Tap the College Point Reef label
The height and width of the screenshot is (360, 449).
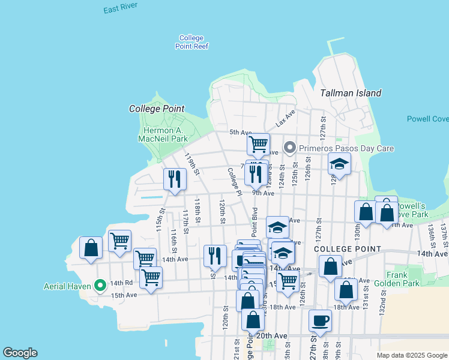tap(191, 42)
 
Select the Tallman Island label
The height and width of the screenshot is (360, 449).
tap(351, 93)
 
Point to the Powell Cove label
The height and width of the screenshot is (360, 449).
tap(427, 119)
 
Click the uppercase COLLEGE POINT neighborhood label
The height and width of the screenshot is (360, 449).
tap(347, 248)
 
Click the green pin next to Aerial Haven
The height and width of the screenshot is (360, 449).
tap(100, 285)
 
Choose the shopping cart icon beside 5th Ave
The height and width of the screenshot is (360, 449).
tap(258, 144)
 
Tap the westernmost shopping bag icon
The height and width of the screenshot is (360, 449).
tap(91, 248)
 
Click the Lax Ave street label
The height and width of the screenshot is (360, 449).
tap(286, 118)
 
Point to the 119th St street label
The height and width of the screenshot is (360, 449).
tap(191, 163)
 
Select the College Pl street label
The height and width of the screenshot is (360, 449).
tap(234, 181)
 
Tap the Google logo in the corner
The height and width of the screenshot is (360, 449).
tap(20, 353)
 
